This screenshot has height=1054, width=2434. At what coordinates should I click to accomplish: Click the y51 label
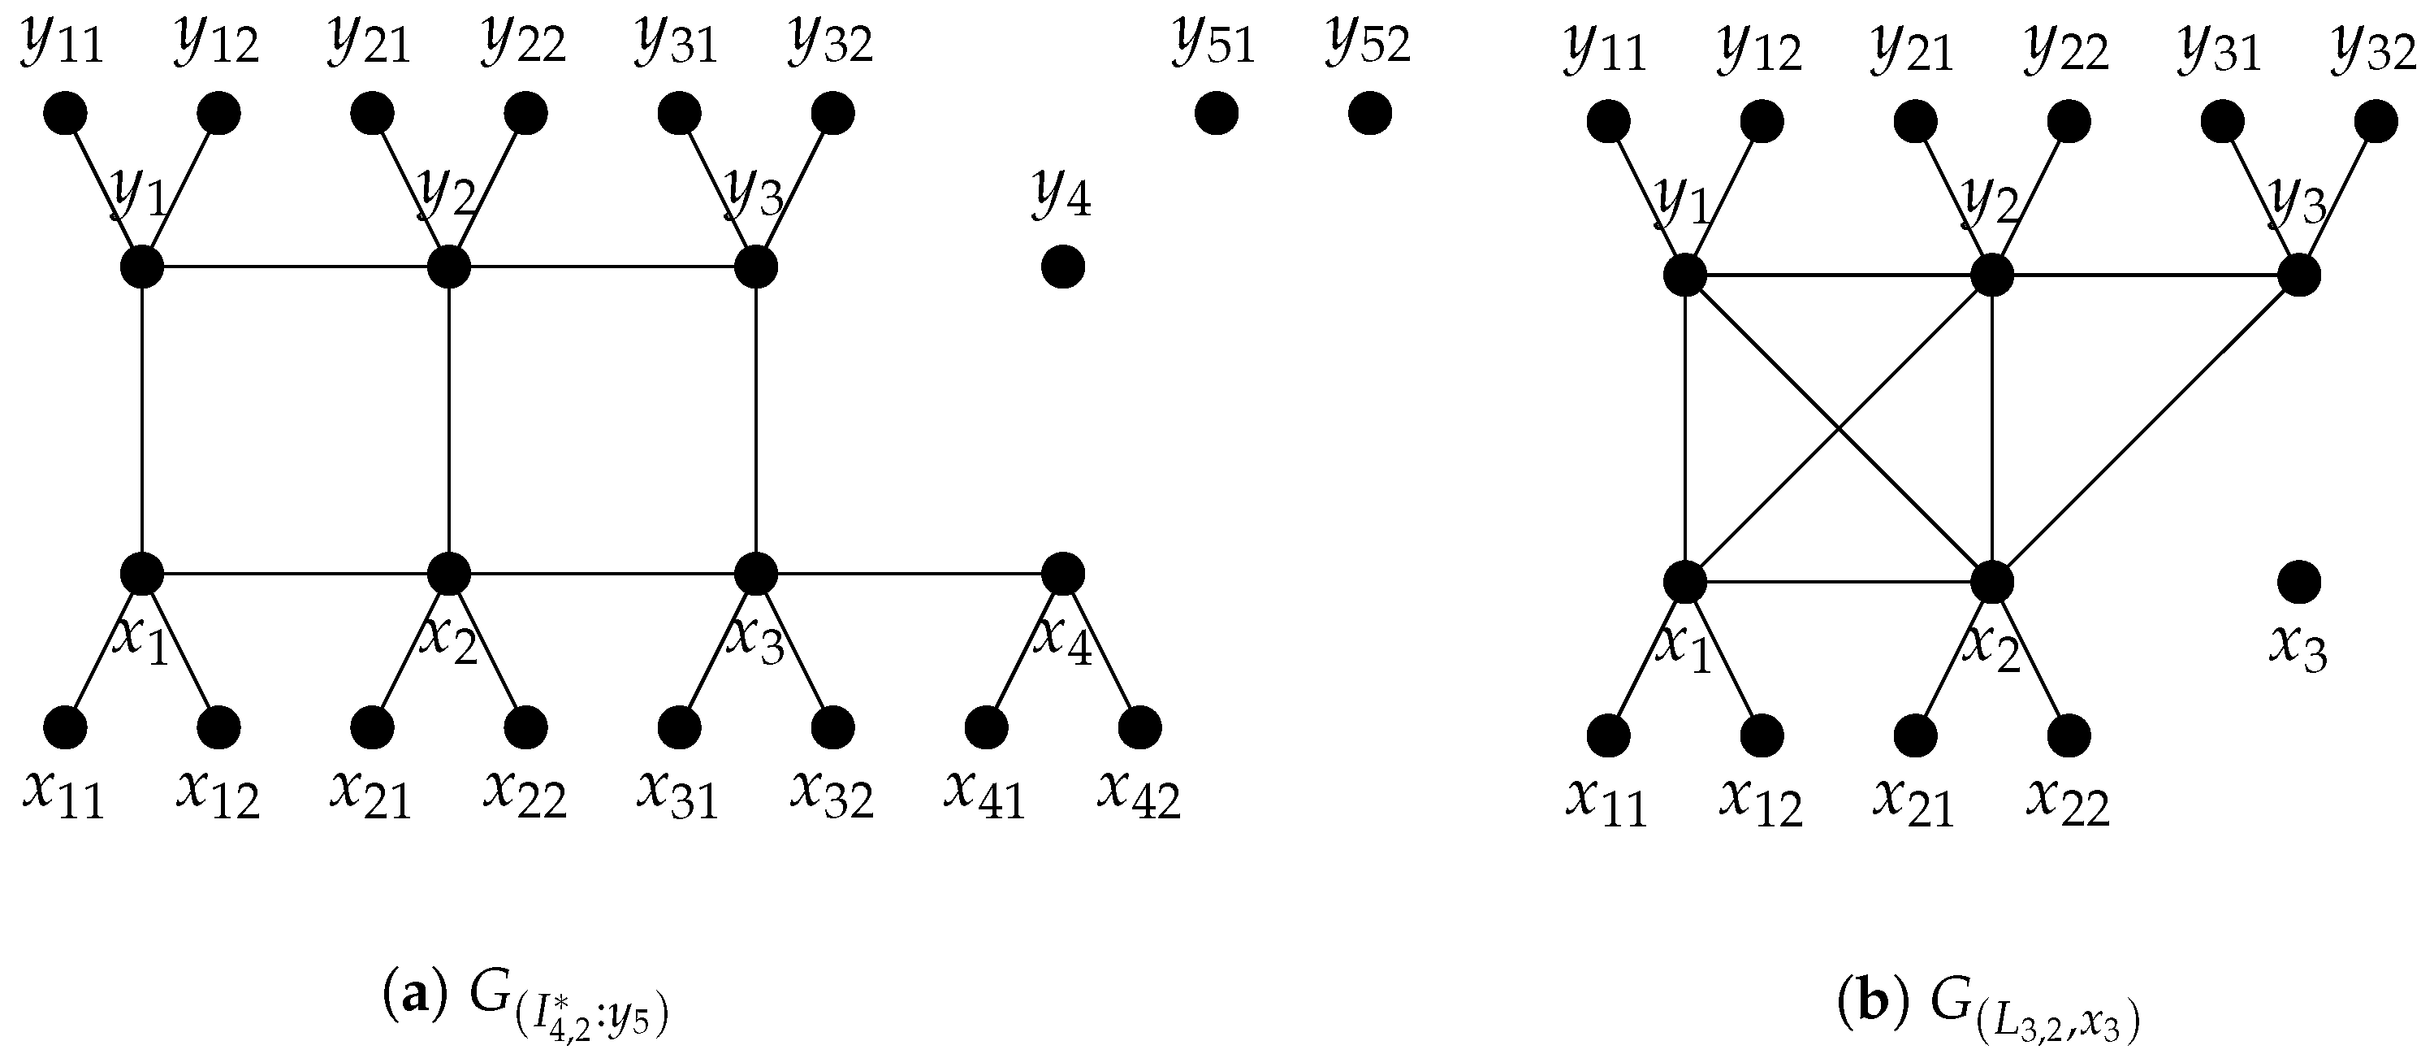point(1215,45)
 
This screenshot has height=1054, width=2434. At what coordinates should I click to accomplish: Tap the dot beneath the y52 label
point(1369,115)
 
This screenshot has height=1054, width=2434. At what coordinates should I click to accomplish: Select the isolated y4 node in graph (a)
point(1062,267)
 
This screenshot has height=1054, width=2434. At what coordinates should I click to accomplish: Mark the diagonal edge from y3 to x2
point(2145,429)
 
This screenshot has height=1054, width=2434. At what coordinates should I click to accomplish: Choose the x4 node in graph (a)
point(1062,573)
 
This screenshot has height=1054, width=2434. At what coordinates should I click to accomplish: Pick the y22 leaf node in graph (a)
point(525,115)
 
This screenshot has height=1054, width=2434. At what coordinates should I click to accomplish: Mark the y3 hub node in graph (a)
point(756,267)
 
